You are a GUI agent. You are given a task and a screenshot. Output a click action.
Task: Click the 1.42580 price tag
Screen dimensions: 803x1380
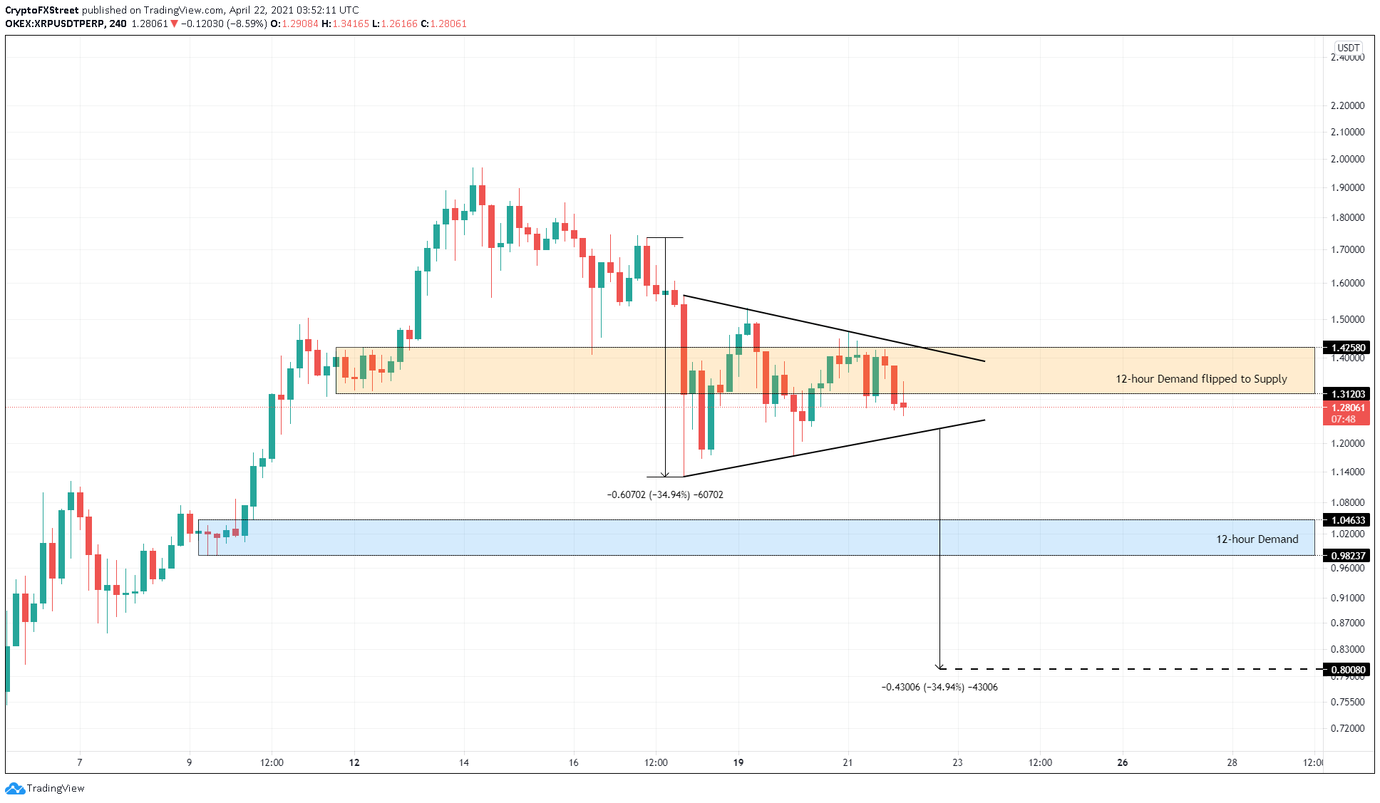(x=1346, y=348)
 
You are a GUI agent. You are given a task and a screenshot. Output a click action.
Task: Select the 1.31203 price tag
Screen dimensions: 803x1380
(x=1346, y=394)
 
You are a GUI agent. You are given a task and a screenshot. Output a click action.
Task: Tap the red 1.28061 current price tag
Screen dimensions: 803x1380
(x=1346, y=408)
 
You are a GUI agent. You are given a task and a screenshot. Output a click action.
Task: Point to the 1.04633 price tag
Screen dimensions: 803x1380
(x=1346, y=520)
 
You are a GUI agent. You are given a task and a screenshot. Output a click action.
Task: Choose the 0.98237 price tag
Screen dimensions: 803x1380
(x=1346, y=556)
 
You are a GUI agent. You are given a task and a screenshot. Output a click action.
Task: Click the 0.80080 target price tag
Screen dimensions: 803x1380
(x=1346, y=670)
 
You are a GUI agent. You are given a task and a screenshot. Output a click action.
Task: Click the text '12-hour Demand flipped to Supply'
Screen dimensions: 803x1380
(x=1201, y=379)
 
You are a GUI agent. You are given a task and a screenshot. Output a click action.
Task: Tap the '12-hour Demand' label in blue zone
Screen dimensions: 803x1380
(x=1257, y=539)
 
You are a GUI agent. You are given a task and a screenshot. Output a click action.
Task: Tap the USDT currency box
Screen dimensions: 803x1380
(x=1348, y=48)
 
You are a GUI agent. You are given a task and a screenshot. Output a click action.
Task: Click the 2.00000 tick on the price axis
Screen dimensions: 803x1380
(x=1347, y=159)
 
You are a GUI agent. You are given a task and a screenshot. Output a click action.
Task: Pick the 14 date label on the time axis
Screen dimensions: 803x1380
(x=464, y=762)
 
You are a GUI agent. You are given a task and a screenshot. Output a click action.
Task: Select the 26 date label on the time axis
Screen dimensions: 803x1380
(x=1123, y=762)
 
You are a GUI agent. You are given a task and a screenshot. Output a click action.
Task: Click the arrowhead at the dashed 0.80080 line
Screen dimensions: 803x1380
(x=939, y=667)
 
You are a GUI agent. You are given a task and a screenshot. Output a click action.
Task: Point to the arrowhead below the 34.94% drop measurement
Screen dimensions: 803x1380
(x=665, y=475)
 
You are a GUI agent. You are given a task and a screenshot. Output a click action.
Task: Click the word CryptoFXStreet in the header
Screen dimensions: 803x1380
(x=42, y=10)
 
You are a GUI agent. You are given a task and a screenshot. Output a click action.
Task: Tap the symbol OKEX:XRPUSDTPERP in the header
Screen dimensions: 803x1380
(x=56, y=24)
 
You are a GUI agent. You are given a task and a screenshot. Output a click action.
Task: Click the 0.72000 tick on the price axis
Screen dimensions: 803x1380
(x=1347, y=728)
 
